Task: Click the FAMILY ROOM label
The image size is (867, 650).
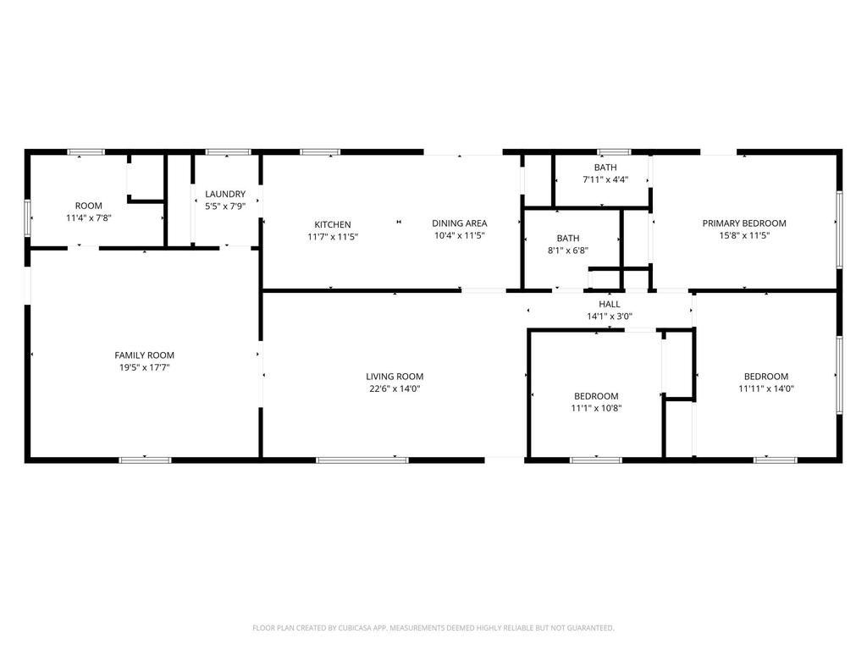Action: [144, 355]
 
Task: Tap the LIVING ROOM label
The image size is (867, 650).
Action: [395, 377]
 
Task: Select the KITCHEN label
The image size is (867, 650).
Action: [333, 224]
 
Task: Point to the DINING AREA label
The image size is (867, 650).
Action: [460, 223]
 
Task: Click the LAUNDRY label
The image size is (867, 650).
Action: [225, 194]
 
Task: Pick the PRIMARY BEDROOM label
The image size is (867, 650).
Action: [744, 223]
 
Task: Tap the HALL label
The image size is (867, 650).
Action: [610, 304]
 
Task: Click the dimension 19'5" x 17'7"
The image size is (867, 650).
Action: [144, 367]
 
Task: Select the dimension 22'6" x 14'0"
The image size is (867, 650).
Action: [395, 388]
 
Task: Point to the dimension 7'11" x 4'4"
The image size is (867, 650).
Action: [605, 179]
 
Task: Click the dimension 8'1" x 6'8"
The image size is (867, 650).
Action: [568, 251]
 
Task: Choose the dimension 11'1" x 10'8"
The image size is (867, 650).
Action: [596, 409]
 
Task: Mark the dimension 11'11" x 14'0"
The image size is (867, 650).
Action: [766, 388]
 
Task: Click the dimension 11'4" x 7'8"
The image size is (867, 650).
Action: [88, 218]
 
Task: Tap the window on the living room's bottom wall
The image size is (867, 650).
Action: [362, 460]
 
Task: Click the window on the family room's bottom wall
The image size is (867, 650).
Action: [145, 460]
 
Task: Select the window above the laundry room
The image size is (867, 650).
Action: [228, 152]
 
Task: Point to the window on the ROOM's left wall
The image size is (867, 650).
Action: [27, 218]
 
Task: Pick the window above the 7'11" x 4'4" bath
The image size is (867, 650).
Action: [614, 152]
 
